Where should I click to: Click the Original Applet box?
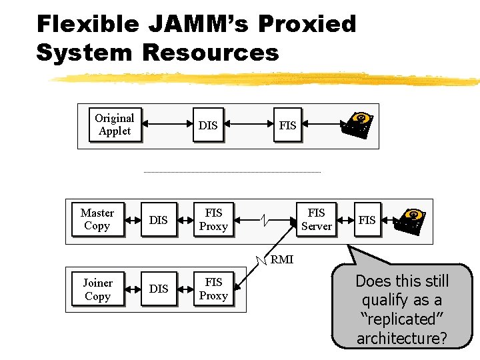pyautogui.click(x=115, y=125)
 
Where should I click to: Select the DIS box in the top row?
pyautogui.click(x=208, y=125)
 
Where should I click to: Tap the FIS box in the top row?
pyautogui.click(x=287, y=125)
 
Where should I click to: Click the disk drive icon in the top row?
pyautogui.click(x=360, y=125)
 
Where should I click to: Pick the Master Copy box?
pyautogui.click(x=97, y=219)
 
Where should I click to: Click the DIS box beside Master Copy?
pyautogui.click(x=159, y=220)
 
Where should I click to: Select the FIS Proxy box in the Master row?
pyautogui.click(x=213, y=219)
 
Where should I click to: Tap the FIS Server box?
pyautogui.click(x=316, y=219)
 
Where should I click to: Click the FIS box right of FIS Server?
pyautogui.click(x=367, y=220)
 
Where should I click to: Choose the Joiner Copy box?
pyautogui.click(x=97, y=289)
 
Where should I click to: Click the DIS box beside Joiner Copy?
pyautogui.click(x=159, y=289)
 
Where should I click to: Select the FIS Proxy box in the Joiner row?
pyautogui.click(x=213, y=289)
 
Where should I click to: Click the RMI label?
pyautogui.click(x=281, y=260)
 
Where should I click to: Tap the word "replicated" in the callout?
pyautogui.click(x=402, y=319)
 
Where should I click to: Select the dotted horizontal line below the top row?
pyautogui.click(x=232, y=173)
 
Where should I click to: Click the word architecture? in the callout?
pyautogui.click(x=401, y=338)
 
